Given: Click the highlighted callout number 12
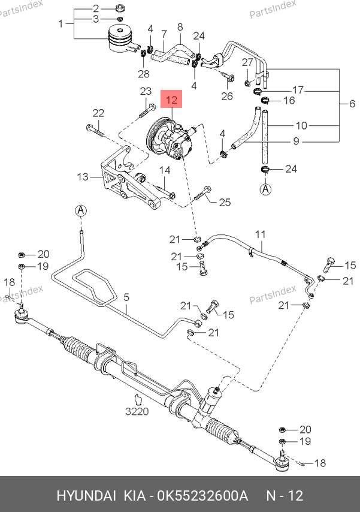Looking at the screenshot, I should [x=172, y=100].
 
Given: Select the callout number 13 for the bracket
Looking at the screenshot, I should [x=83, y=177].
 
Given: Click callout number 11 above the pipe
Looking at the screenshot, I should [x=260, y=233].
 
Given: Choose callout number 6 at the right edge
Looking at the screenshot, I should [x=352, y=104].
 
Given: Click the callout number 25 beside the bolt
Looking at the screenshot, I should [x=225, y=203].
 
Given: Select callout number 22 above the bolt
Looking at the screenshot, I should [x=98, y=113].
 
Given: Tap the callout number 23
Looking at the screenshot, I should [x=146, y=91].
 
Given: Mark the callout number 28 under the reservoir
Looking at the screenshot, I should [x=143, y=74].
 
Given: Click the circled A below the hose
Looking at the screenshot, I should [x=265, y=189].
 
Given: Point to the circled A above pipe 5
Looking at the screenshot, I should [x=81, y=210].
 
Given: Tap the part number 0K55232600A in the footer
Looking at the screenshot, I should [x=202, y=496].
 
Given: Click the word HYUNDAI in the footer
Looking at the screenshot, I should [x=87, y=496].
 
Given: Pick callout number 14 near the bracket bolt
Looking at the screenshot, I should [x=164, y=170].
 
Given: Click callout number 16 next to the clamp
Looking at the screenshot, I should [x=289, y=100].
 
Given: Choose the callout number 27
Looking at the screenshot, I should [x=248, y=63].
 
